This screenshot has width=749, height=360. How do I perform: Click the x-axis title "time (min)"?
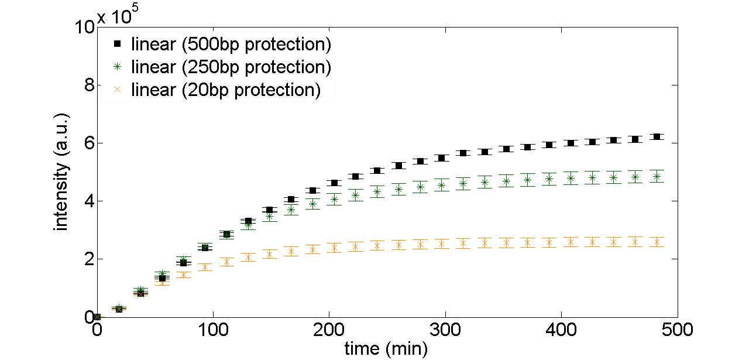[386, 349]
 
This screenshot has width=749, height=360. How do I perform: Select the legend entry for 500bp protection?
[231, 44]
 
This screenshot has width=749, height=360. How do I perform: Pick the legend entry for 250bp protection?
[231, 67]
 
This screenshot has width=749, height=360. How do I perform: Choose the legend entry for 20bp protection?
[226, 90]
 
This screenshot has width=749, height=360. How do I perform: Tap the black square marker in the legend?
[118, 44]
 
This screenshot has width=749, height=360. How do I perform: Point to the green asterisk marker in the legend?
[118, 67]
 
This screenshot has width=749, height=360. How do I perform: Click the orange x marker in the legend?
[118, 90]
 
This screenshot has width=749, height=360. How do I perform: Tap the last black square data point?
[657, 137]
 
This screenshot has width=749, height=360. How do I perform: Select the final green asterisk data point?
[657, 177]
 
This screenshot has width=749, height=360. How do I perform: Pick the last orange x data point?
[657, 242]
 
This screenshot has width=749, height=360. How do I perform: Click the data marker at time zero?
[98, 317]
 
